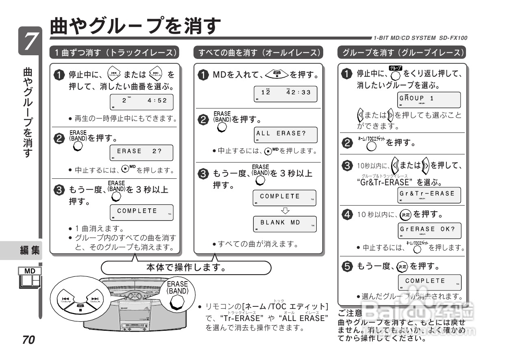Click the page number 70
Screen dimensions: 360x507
tap(29, 340)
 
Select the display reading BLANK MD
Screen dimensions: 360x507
tap(285, 223)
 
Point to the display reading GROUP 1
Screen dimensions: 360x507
tap(429, 100)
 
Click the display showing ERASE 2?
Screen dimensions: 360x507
tap(141, 152)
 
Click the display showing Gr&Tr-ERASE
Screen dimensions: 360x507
tap(429, 195)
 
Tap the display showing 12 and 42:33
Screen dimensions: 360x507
tap(285, 93)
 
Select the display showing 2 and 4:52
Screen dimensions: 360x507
tap(141, 102)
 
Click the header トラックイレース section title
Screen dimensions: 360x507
tap(115, 52)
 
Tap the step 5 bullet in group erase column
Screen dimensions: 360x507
tap(347, 267)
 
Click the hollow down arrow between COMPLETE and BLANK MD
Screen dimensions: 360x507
tap(285, 210)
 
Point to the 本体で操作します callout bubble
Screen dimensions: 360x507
tap(186, 268)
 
